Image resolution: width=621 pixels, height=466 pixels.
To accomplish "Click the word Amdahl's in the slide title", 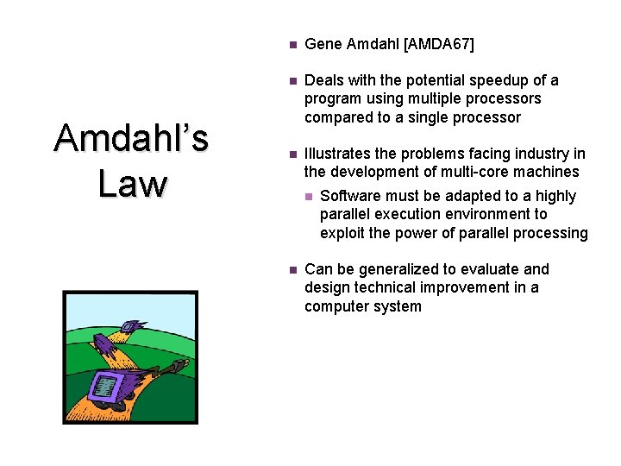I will coord(131,138).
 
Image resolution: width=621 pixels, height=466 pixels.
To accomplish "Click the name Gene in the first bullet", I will coord(323,44).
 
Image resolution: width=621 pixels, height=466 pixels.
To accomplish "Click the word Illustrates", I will coord(340,154).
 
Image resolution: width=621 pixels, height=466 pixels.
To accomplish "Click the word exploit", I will coord(343,232).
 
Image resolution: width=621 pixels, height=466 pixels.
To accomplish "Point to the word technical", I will coord(378,287).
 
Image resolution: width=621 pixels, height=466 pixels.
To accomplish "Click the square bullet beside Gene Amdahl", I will coord(292,44).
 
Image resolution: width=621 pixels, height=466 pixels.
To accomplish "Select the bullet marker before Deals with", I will coord(292,80).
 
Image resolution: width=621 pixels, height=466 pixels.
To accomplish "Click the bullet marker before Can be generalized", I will coord(292,270).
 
